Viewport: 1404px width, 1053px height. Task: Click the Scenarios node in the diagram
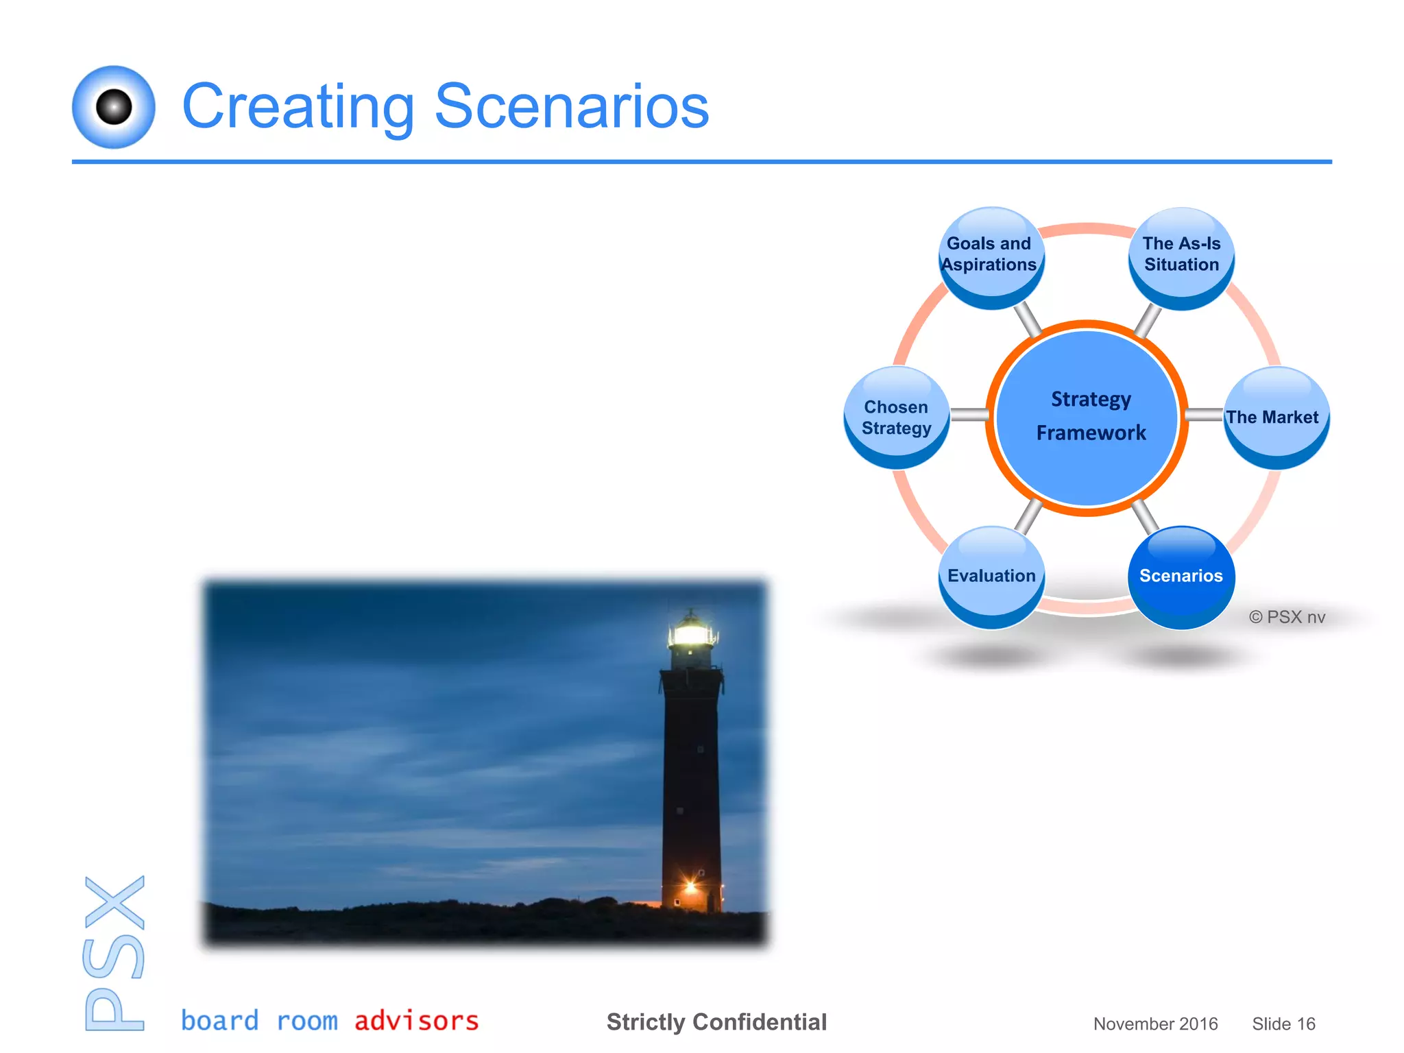[1181, 576]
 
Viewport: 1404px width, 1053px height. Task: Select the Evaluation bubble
[991, 576]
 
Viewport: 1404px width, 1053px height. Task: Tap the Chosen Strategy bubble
[896, 417]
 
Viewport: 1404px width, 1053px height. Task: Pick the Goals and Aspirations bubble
[989, 255]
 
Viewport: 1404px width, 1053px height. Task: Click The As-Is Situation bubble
[1181, 255]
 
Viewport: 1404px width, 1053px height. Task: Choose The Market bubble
[1275, 417]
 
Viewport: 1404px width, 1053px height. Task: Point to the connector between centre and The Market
[1205, 415]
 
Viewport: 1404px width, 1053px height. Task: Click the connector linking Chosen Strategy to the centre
[969, 415]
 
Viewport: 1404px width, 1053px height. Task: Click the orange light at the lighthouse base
[691, 887]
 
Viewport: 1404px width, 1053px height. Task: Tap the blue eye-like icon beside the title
[114, 107]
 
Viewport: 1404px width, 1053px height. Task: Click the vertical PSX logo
[114, 953]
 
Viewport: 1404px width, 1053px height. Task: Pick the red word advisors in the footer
[416, 1021]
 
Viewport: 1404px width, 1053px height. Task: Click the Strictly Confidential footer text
[716, 1022]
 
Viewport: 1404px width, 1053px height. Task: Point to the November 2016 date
[1155, 1024]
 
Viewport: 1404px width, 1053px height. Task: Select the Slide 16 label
[1283, 1024]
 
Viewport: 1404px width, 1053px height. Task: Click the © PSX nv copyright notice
[1287, 617]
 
